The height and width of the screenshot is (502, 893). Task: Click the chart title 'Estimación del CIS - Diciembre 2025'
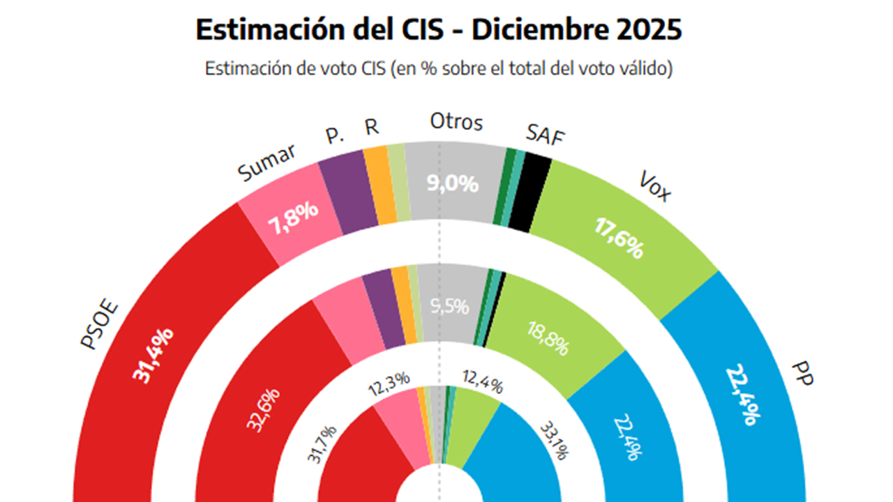[438, 30]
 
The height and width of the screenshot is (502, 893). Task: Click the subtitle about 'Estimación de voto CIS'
[438, 69]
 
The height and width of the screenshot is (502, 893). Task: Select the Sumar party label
[267, 162]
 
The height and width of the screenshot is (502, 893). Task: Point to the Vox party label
[654, 186]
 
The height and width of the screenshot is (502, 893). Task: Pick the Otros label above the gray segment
[456, 122]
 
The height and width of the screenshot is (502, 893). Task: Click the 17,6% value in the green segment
[618, 237]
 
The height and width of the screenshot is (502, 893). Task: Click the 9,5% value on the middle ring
[450, 307]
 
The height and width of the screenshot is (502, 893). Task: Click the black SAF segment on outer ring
[530, 193]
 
